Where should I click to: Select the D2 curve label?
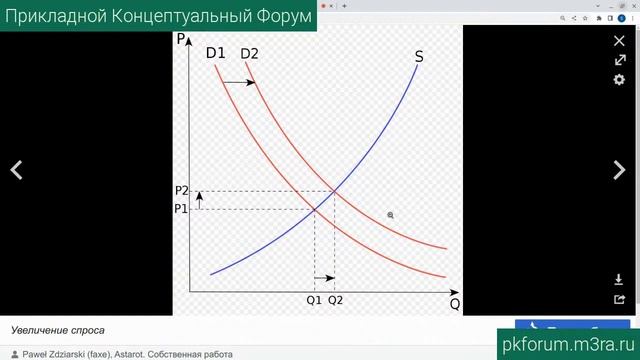point(248,53)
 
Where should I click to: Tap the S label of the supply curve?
point(418,57)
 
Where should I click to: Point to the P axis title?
point(181,40)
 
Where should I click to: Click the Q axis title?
point(455,303)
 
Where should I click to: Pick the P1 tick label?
point(180,209)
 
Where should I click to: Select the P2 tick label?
point(180,191)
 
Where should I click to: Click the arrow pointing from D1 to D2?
point(240,82)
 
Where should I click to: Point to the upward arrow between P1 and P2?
point(199,200)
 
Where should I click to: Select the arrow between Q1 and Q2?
point(324,278)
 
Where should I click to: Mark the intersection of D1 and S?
point(315,208)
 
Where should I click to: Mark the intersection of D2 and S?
point(334,191)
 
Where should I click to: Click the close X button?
point(618,41)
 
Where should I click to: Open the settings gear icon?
point(618,79)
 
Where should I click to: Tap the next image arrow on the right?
point(618,171)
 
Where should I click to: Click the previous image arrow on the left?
point(17,171)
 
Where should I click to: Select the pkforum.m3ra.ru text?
point(567,343)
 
